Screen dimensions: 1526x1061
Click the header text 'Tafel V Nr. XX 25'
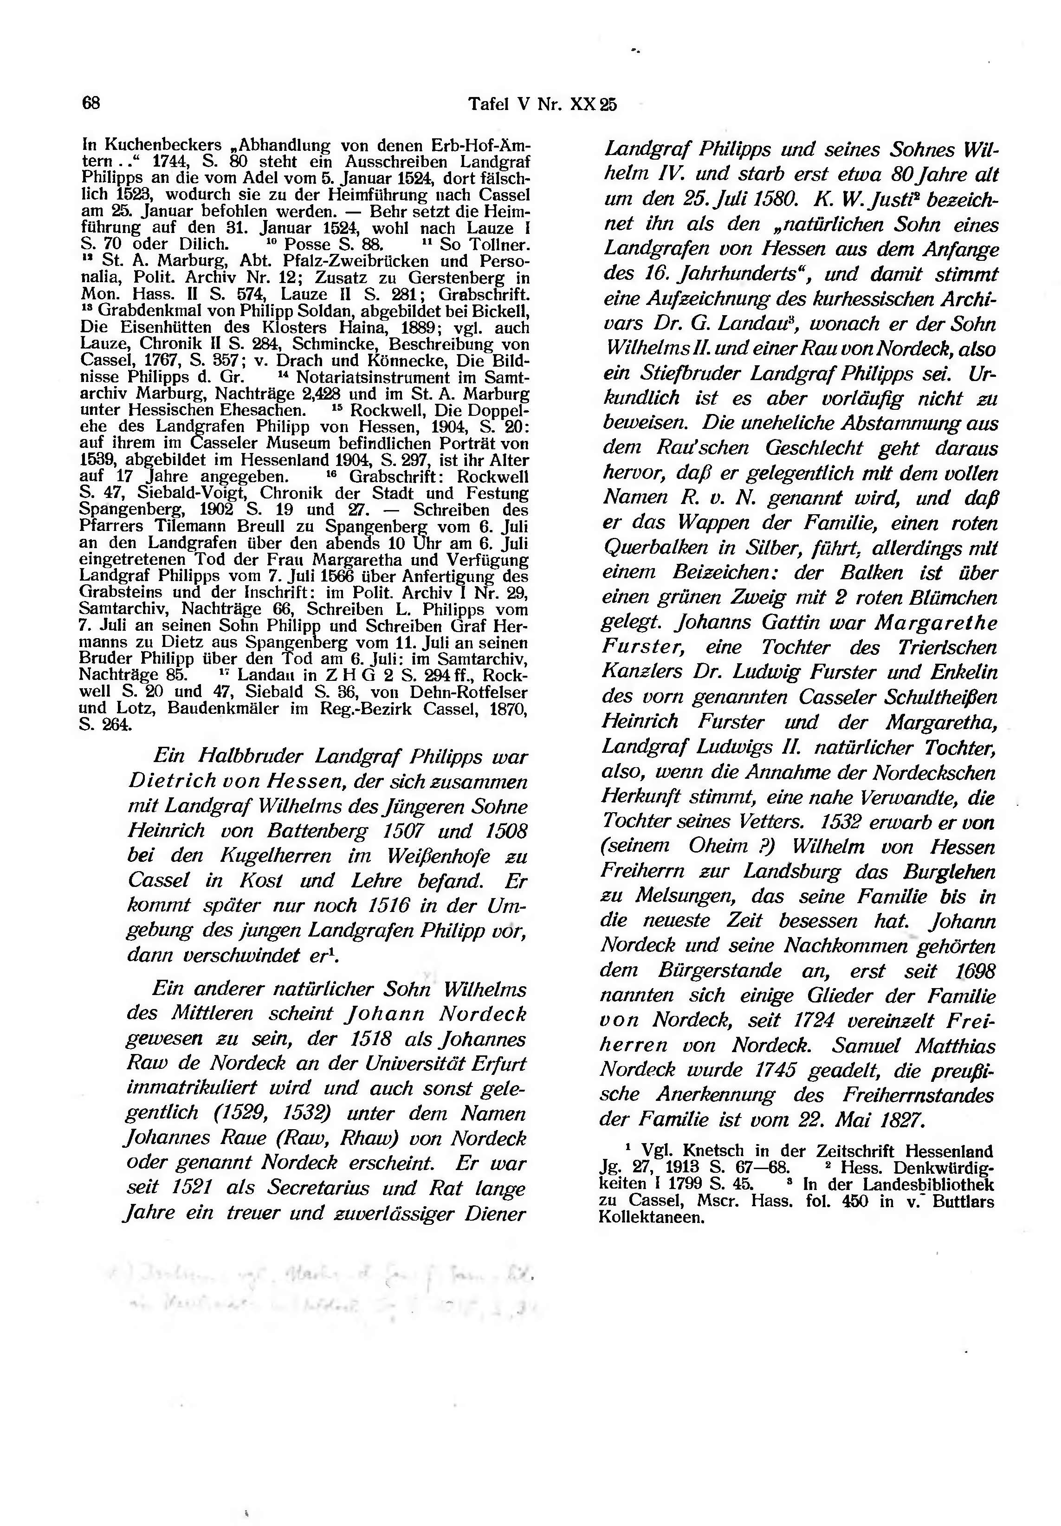point(543,104)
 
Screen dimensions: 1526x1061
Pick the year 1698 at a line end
point(975,972)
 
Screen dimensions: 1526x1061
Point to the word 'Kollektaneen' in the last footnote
point(651,1218)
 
